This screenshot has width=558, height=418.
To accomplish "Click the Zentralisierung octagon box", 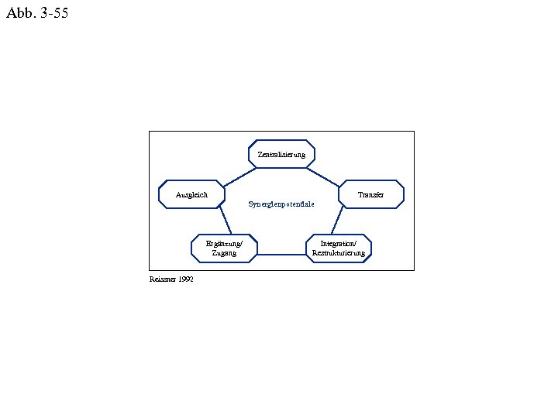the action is click(x=281, y=154).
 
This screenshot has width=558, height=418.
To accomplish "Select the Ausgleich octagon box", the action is click(x=192, y=194).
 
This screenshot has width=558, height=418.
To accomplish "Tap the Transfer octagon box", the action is click(x=371, y=194).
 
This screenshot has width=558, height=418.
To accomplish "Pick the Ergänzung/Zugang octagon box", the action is click(x=224, y=248).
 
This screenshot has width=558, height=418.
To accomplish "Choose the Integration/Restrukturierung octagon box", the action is click(x=339, y=248).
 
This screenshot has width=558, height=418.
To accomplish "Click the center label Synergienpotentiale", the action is click(x=281, y=204).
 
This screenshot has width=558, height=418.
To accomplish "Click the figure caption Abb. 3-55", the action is click(x=36, y=12).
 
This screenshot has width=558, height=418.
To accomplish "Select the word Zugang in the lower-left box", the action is click(x=224, y=252).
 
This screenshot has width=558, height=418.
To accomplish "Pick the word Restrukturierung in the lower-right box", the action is click(x=339, y=252).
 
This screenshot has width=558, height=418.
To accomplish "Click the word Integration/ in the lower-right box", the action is click(x=339, y=243).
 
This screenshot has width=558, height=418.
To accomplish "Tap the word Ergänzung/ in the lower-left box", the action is click(x=224, y=243).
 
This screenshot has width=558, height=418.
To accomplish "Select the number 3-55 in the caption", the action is click(x=51, y=12).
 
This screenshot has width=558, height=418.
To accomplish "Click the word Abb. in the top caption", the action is click(x=18, y=12).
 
